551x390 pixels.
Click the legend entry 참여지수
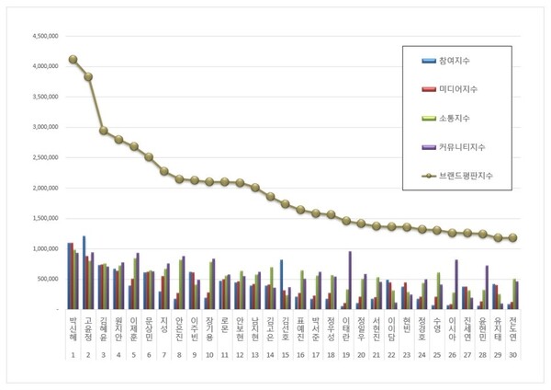click(x=453, y=61)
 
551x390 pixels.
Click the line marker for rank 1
click(x=73, y=60)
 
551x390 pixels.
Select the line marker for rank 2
click(x=88, y=77)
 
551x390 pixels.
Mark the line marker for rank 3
click(x=104, y=131)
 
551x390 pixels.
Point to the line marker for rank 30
click(x=512, y=237)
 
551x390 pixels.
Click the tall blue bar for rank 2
click(x=84, y=272)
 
